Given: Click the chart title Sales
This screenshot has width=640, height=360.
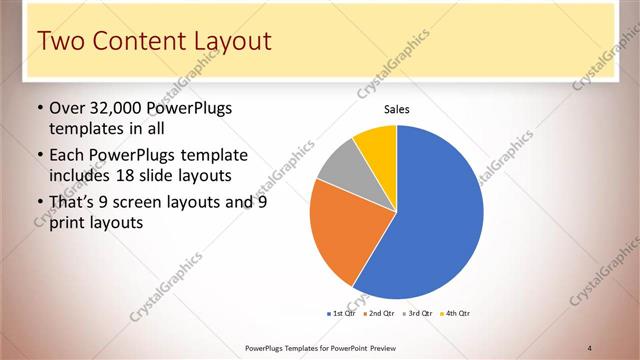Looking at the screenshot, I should [397, 110].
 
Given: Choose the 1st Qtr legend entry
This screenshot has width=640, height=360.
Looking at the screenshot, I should [343, 313].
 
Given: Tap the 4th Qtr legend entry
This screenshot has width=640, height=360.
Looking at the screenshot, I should [457, 313].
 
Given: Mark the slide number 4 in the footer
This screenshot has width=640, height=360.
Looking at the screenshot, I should [589, 348].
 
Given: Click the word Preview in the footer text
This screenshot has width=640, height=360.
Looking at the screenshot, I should [383, 348].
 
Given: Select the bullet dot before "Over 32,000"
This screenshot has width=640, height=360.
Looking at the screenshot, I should [39, 108].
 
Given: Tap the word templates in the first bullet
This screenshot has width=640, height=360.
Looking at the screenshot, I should [85, 128].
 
